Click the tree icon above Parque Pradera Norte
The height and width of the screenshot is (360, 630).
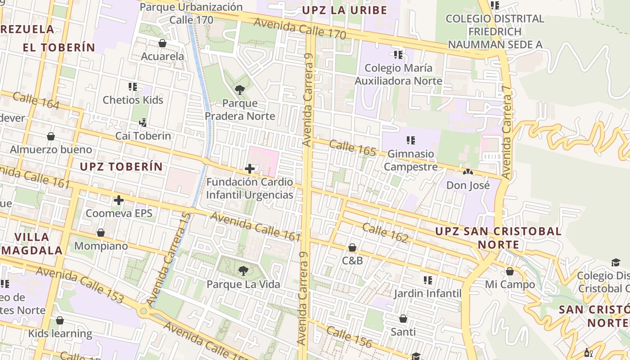coord(239,90)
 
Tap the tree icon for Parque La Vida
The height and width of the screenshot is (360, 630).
coord(243,271)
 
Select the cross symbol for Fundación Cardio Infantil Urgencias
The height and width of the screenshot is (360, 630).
coord(249,169)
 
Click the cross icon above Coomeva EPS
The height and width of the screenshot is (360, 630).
coord(119,200)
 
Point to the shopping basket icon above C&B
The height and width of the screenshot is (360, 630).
coord(352,247)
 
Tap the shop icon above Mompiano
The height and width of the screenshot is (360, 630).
coord(101,233)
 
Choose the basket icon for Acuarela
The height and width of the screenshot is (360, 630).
coord(162,43)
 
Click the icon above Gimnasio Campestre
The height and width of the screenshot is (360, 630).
coord(410,140)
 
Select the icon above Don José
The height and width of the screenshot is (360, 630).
coord(468,172)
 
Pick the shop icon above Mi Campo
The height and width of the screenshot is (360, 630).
coord(510,271)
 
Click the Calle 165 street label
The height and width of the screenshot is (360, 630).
coord(352,148)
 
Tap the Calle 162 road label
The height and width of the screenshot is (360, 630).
coord(385,233)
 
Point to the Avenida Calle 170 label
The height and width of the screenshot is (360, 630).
coord(300,28)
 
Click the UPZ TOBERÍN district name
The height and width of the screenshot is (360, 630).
coord(121,166)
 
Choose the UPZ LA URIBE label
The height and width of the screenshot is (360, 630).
coord(345,10)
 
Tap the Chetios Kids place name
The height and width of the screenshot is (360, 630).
coord(133,100)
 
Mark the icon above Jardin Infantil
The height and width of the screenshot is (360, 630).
coord(428,280)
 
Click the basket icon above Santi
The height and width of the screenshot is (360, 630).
coord(403,319)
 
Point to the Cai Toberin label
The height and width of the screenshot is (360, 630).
coord(143,136)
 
